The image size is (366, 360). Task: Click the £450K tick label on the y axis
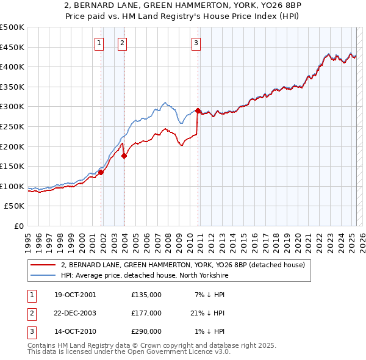coord(12,47)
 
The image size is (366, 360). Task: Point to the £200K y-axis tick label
coord(12,146)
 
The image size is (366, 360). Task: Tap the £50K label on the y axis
coord(15,206)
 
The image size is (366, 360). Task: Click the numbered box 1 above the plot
coord(99,43)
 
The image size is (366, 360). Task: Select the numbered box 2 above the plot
coord(122,43)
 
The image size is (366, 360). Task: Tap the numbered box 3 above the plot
coord(196,43)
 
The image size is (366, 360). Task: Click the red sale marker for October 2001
coord(101,172)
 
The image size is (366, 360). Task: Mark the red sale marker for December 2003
coord(124,156)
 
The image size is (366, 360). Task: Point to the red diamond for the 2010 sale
coord(198,110)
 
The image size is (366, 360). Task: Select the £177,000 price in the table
coord(146,313)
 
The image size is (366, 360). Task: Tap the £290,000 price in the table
coord(146,331)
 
